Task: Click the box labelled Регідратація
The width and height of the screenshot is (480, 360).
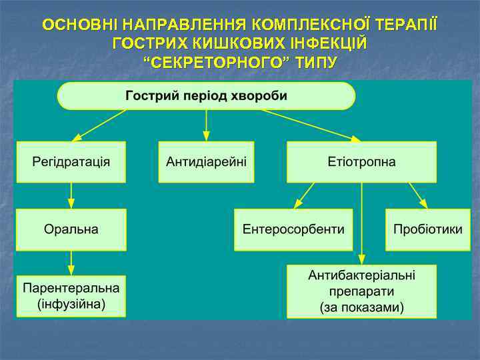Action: [71, 162]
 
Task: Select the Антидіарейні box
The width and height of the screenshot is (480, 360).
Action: [206, 162]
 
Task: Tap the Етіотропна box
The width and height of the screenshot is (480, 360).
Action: [361, 162]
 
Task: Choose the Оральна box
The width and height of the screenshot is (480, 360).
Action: [71, 229]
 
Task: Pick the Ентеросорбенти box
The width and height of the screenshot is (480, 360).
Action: [293, 229]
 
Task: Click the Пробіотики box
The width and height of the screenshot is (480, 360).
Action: [427, 229]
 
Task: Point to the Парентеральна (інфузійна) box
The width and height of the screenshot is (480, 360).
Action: [71, 297]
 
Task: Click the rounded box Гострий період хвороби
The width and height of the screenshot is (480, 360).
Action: [206, 95]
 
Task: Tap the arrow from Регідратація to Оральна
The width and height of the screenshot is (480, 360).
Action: [71, 195]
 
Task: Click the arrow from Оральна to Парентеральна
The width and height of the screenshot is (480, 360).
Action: [71, 263]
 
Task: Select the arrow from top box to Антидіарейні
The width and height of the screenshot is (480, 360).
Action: [206, 125]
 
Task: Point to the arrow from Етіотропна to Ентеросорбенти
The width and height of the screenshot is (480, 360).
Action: [305, 195]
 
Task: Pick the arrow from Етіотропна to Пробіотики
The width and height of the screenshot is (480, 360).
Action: [418, 195]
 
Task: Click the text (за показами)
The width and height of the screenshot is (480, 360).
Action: [361, 307]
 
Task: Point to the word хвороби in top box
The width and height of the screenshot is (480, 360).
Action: [258, 95]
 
